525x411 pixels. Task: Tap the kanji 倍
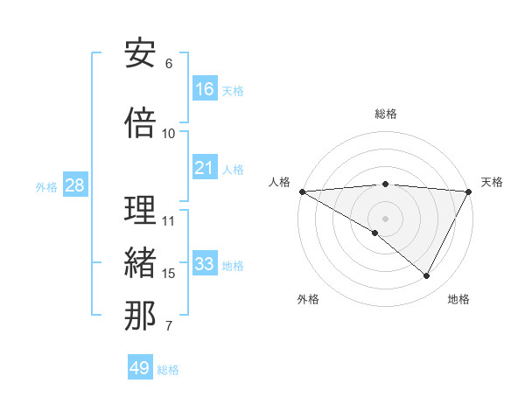(140, 123)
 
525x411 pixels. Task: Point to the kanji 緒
(140, 263)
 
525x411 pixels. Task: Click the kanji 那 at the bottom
(140, 317)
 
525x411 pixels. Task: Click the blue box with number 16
(205, 89)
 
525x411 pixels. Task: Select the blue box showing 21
(205, 169)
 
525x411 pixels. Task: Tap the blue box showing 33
(205, 265)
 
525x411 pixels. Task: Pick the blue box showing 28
(74, 186)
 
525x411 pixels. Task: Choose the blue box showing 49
(140, 368)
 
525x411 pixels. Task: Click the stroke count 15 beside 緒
(169, 274)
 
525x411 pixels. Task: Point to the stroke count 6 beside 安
(169, 64)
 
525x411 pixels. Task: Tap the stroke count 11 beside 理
(169, 220)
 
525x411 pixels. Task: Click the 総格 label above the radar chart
(386, 114)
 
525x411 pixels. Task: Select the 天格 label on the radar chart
(493, 182)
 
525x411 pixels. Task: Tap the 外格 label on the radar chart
(308, 299)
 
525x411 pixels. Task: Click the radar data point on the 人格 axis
(302, 191)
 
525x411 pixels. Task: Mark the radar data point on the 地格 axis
(427, 275)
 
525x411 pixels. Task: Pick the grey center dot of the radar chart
(385, 218)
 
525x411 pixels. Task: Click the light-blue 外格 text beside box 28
(46, 187)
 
